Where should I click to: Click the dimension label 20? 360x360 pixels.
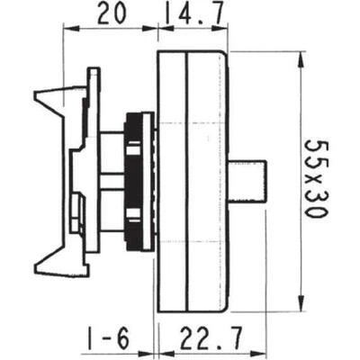pyautogui.click(x=111, y=13)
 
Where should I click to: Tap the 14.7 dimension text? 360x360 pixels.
pyautogui.click(x=193, y=13)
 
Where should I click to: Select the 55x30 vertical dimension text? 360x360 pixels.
pyautogui.click(x=317, y=178)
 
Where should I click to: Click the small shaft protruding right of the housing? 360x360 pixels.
pyautogui.click(x=247, y=181)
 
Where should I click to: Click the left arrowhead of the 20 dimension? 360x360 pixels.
pyautogui.click(x=72, y=29)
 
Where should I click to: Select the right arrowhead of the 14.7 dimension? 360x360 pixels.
pyautogui.click(x=220, y=29)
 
